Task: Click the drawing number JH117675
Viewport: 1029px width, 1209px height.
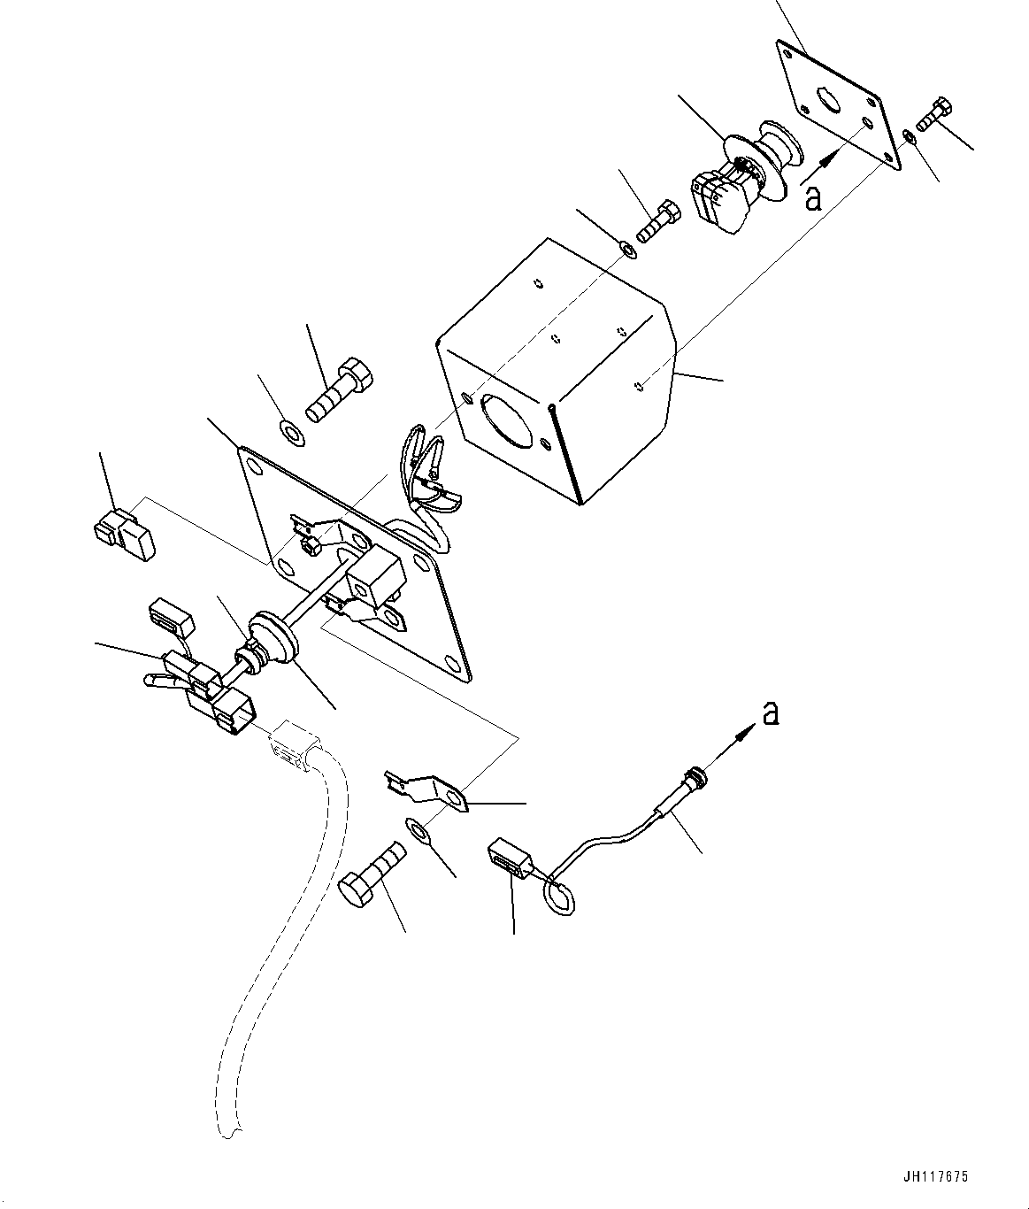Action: point(935,1177)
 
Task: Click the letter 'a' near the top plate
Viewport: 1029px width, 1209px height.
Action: point(813,196)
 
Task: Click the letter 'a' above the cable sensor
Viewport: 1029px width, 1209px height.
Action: point(771,712)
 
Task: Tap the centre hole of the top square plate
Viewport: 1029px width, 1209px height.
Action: point(830,99)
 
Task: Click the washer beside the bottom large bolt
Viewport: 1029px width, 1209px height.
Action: point(419,830)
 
